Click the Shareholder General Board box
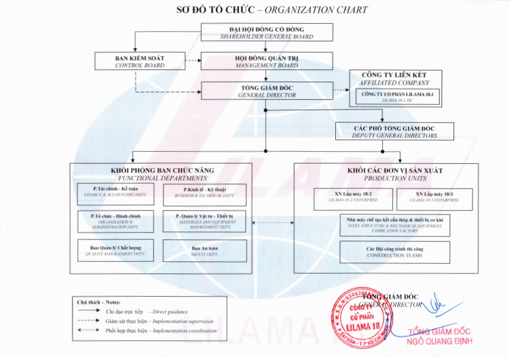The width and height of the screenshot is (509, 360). (266, 33)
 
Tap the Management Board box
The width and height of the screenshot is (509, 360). (266, 61)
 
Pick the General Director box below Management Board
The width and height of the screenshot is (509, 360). (266, 91)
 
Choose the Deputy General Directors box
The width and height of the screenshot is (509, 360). (394, 132)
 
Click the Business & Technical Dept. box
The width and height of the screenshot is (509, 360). (205, 194)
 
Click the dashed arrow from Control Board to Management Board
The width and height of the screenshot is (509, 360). (192, 61)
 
